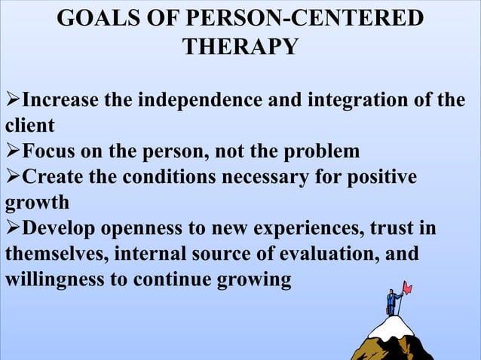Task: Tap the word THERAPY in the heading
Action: click(x=240, y=47)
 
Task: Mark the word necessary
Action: click(x=269, y=177)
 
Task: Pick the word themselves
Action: click(x=57, y=255)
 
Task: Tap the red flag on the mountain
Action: click(x=408, y=287)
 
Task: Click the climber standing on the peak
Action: click(x=391, y=302)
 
